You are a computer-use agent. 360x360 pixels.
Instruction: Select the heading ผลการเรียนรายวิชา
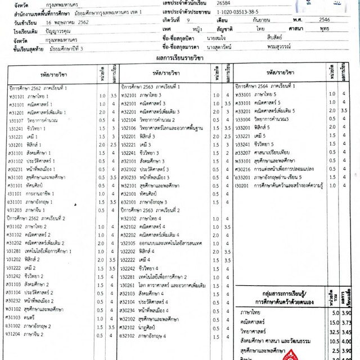[179, 57]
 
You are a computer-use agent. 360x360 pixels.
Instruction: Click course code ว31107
[15, 120]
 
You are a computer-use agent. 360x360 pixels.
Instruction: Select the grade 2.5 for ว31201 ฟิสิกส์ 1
[111, 145]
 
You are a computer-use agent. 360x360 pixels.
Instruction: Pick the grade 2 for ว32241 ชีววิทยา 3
[227, 152]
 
